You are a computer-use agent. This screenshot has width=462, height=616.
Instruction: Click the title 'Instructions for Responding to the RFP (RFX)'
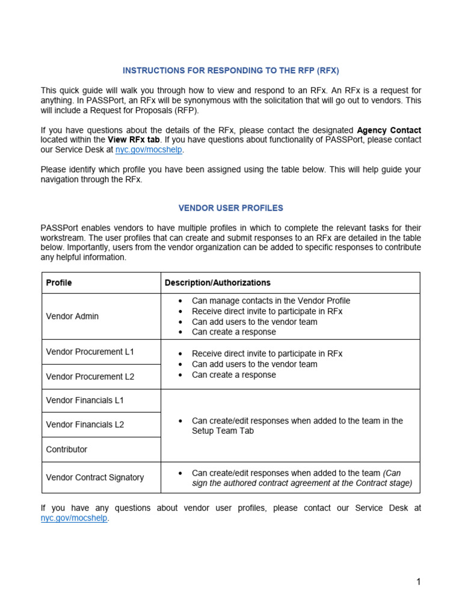click(x=231, y=70)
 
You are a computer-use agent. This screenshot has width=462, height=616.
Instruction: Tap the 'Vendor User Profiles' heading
click(x=231, y=208)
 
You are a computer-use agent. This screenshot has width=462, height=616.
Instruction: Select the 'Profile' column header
click(x=59, y=283)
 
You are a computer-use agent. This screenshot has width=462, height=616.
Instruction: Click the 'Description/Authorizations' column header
click(x=218, y=283)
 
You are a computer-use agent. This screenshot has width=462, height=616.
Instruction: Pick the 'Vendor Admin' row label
click(x=72, y=316)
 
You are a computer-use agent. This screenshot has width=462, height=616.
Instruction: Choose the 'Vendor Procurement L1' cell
click(x=90, y=352)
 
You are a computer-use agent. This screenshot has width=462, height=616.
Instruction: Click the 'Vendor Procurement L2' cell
click(x=90, y=377)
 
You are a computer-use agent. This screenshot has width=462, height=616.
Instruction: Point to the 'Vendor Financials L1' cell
click(x=85, y=400)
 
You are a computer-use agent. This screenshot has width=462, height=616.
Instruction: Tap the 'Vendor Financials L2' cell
click(x=85, y=425)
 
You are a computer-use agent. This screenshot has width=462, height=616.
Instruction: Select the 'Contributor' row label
click(x=67, y=449)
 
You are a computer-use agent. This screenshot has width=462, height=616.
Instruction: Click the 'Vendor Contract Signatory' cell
click(x=95, y=478)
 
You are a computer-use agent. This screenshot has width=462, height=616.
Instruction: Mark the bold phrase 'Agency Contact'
click(x=389, y=130)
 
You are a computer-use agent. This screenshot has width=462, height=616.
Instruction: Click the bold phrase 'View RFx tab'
click(x=134, y=140)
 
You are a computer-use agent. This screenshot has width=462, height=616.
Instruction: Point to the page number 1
click(x=418, y=582)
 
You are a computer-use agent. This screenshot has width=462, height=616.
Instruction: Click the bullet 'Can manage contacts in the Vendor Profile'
click(x=271, y=301)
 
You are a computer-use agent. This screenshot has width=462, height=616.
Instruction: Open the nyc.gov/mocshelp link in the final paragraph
click(x=74, y=518)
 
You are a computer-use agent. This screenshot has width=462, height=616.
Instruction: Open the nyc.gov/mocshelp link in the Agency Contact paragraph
click(x=149, y=150)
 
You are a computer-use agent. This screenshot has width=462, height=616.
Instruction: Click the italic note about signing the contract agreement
click(x=302, y=483)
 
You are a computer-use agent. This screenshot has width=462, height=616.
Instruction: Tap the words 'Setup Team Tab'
click(x=223, y=431)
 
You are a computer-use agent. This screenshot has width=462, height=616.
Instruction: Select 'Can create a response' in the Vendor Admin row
click(x=234, y=332)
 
